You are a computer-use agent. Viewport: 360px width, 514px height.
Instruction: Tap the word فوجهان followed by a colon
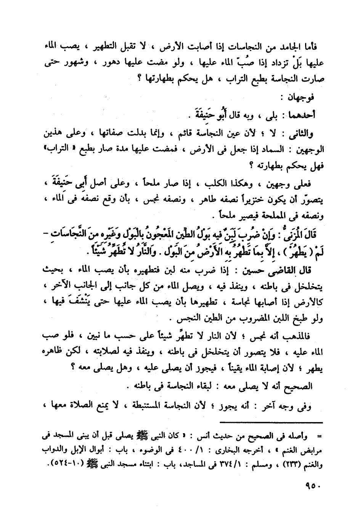click(x=304, y=98)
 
